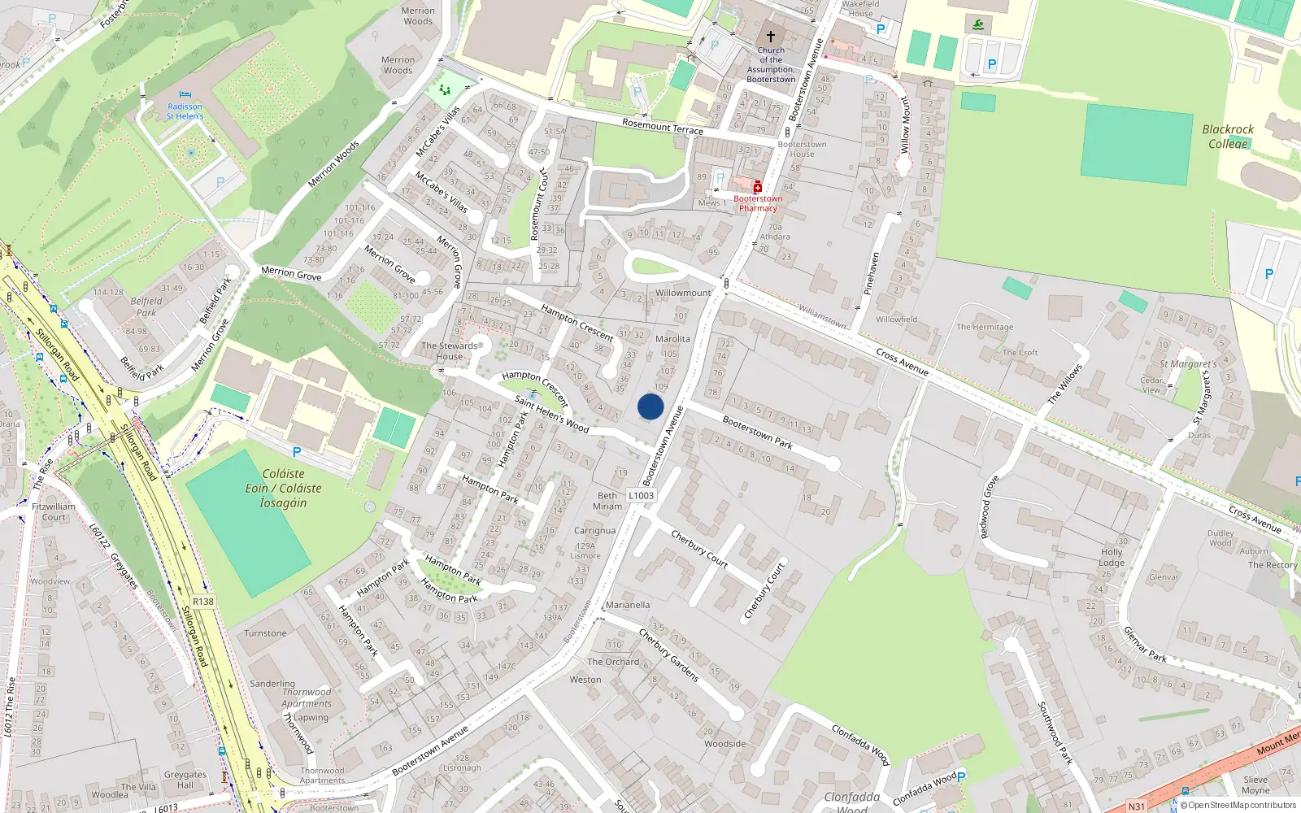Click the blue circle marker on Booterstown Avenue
[x=650, y=406]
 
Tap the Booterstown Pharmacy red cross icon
[x=758, y=187]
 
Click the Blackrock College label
[x=1228, y=137]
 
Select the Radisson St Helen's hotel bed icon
[x=185, y=95]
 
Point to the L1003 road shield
[x=642, y=495]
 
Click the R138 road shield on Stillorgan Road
[x=203, y=602]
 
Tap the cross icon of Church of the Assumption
[x=771, y=37]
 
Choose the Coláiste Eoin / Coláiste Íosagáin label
[x=283, y=488]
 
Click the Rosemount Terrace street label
[x=663, y=126]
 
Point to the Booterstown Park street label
[x=757, y=433]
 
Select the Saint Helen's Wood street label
[x=552, y=414]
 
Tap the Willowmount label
[x=683, y=293]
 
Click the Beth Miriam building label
[x=607, y=501]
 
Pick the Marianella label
[x=628, y=605]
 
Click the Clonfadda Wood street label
[x=860, y=744]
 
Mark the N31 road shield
[x=1137, y=806]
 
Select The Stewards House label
[x=450, y=351]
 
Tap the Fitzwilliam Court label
[x=54, y=511]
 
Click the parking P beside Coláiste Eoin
[x=297, y=452]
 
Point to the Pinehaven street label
[x=872, y=273]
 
